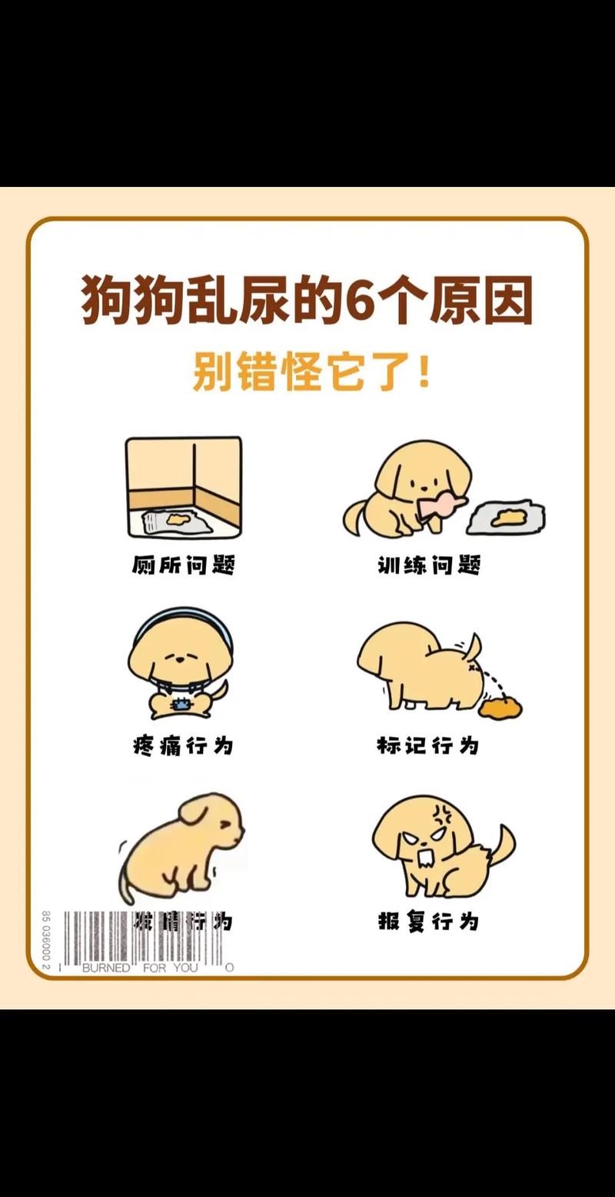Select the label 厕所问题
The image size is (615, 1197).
pos(182,565)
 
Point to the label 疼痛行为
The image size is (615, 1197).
pos(182,745)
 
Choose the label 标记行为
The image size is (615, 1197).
pos(427,745)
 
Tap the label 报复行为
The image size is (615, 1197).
pos(428,921)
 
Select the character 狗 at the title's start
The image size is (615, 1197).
pos(107,299)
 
